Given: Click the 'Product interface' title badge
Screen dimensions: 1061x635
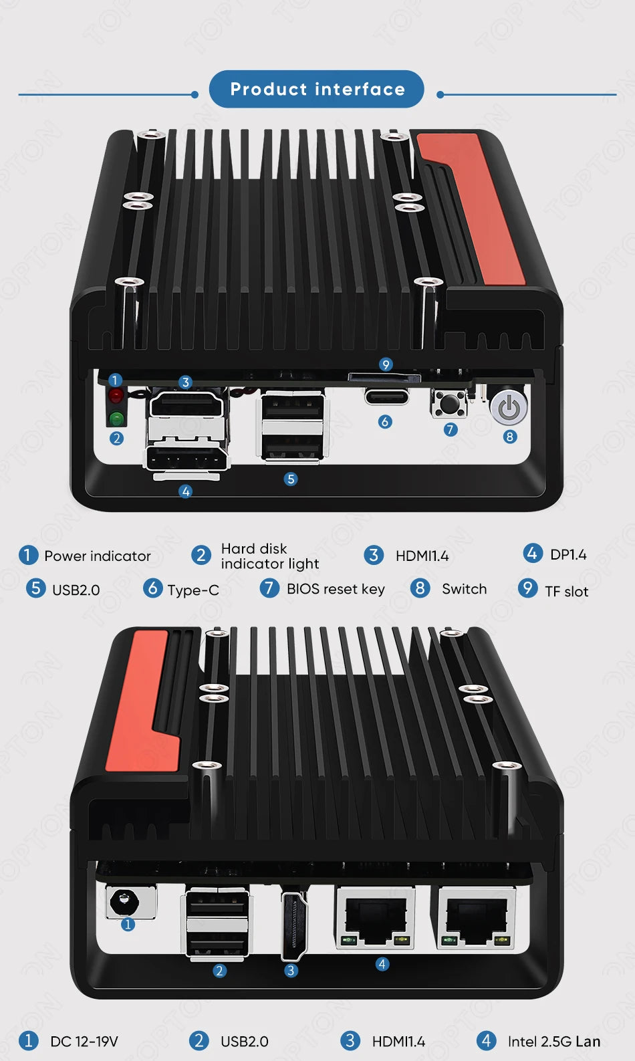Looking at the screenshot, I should (x=317, y=89).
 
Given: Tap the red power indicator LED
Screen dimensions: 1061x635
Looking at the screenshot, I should (x=116, y=396).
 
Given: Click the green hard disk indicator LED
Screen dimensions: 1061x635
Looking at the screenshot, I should (x=116, y=419).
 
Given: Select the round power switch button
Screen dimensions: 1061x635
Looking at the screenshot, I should (x=509, y=407).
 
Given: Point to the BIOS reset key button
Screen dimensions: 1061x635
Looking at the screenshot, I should (x=449, y=403).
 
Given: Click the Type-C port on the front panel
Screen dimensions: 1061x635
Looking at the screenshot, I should (x=386, y=396).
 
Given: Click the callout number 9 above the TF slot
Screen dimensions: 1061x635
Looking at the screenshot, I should (x=386, y=364).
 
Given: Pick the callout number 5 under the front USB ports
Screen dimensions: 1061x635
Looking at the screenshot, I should (x=290, y=479).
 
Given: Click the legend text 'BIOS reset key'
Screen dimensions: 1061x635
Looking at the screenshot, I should (x=336, y=589).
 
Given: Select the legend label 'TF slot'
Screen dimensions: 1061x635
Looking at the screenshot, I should (x=566, y=592).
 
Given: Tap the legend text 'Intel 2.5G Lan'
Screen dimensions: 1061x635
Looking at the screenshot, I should (x=553, y=1042).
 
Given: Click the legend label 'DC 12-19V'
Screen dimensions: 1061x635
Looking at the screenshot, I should (x=84, y=1042).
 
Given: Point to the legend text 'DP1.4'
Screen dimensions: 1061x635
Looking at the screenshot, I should (x=568, y=555).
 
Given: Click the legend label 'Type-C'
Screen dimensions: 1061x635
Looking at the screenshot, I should (x=193, y=590).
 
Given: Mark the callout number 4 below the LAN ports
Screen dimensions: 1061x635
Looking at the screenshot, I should (x=382, y=964).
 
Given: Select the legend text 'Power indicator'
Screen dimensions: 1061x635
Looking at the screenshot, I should (x=98, y=556).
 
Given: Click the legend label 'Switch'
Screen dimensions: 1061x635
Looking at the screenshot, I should (x=464, y=589).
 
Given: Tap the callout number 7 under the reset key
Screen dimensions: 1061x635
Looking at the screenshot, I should (x=451, y=429).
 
